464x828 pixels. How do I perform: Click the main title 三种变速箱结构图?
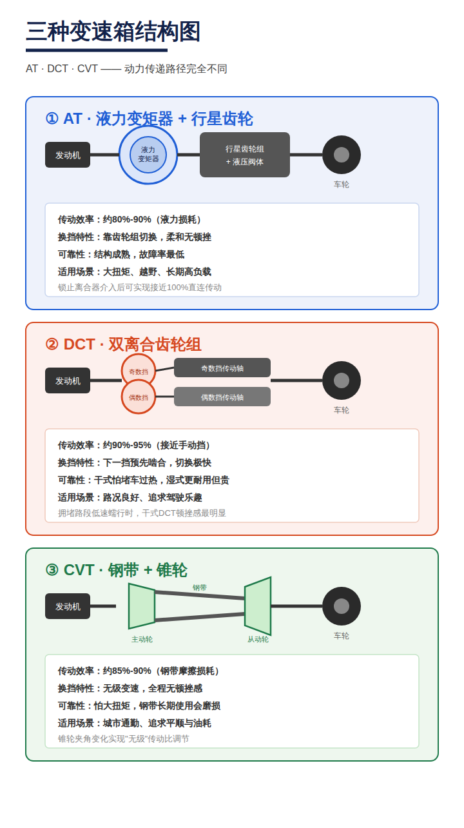pyautogui.click(x=113, y=32)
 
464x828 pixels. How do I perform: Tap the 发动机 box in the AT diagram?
pyautogui.click(x=68, y=155)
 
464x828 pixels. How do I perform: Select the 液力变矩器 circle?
pyautogui.click(x=148, y=155)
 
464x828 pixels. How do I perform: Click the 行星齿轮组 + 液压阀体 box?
pyautogui.click(x=244, y=155)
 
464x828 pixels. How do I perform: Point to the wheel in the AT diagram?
pyautogui.click(x=342, y=155)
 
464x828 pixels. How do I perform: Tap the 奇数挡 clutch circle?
pyautogui.click(x=139, y=371)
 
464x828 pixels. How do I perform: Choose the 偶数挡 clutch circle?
pyautogui.click(x=139, y=397)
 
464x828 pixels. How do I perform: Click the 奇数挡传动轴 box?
pyautogui.click(x=222, y=368)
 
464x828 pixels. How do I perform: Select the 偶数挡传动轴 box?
pyautogui.click(x=222, y=397)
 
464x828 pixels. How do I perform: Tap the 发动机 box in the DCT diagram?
pyautogui.click(x=68, y=380)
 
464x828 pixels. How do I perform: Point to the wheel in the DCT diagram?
pyautogui.click(x=342, y=380)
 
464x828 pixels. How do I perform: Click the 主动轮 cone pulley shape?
pyautogui.click(x=142, y=606)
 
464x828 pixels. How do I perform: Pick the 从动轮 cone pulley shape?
pyautogui.click(x=258, y=606)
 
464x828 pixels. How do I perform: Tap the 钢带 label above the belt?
pyautogui.click(x=200, y=587)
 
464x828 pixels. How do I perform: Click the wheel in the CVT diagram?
pyautogui.click(x=342, y=606)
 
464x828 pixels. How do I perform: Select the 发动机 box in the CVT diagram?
pyautogui.click(x=68, y=606)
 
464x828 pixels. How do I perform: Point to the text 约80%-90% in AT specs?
pyautogui.click(x=127, y=219)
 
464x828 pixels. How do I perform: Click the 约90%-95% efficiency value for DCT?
pyautogui.click(x=127, y=445)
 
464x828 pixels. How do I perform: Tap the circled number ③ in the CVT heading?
pyautogui.click(x=52, y=570)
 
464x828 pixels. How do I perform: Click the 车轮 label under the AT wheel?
pyautogui.click(x=342, y=184)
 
